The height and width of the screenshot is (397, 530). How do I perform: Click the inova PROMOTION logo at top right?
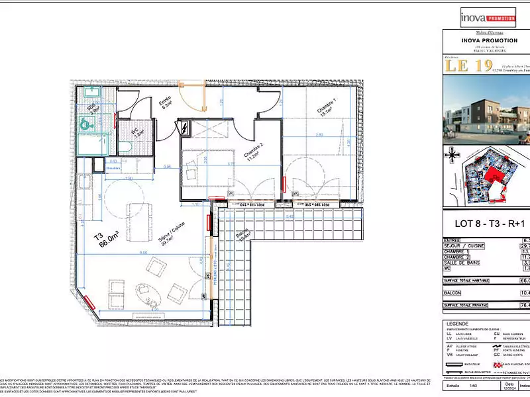pyautogui.click(x=487, y=16)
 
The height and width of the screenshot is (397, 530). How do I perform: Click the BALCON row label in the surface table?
pyautogui.click(x=454, y=292)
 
